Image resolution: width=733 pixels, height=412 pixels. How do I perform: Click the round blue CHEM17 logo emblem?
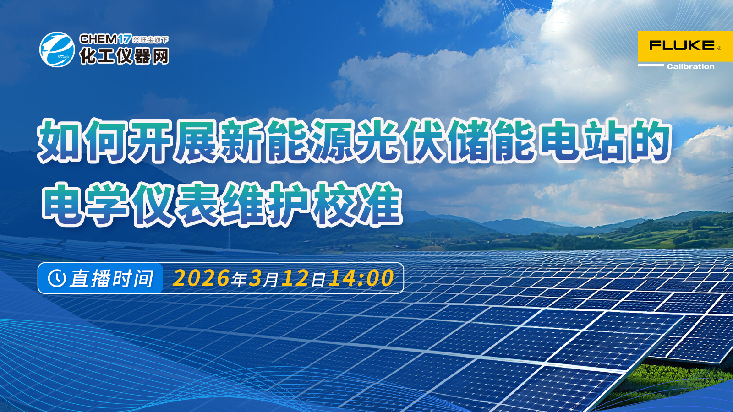pos(57,49)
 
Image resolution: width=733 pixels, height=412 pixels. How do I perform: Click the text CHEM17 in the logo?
pos(105,39)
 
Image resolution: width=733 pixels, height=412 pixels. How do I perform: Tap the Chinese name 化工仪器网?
pos(124,56)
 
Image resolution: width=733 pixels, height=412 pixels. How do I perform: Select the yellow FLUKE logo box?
pos(685,46)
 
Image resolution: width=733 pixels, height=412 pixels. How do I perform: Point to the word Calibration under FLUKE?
pos(690,67)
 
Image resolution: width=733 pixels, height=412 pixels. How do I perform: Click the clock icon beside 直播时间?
pos(57,278)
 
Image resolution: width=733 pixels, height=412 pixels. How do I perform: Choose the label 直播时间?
pos(111,278)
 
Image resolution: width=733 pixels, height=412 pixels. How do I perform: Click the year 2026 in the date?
pos(201,278)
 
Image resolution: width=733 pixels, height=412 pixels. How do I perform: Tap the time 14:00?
pos(361,278)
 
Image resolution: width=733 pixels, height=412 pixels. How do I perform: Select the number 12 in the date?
pos(295,278)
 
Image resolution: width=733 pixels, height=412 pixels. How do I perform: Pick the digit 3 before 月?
pos(255,278)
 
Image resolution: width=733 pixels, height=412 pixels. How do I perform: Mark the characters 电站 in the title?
pos(583,141)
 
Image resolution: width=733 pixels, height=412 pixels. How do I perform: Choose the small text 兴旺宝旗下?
pos(151,40)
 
